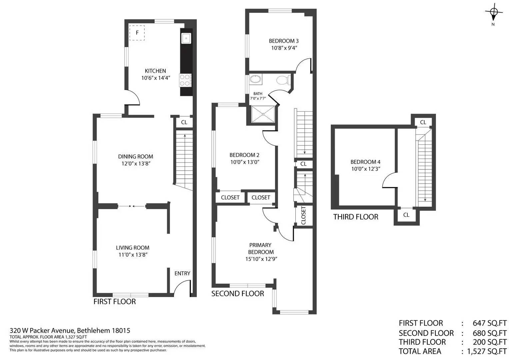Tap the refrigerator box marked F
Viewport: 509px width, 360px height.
137,33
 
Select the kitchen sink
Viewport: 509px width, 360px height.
186,38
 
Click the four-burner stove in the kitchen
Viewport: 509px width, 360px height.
185,80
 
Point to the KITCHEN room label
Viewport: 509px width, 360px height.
155,71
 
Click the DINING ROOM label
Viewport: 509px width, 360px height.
136,156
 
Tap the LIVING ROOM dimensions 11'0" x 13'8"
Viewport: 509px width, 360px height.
133,255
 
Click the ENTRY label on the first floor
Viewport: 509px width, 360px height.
182,273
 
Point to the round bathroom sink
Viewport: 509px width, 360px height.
256,79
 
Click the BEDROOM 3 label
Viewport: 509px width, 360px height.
284,41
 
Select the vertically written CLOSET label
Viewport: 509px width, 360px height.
303,215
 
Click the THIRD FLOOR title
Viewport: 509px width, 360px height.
356,217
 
